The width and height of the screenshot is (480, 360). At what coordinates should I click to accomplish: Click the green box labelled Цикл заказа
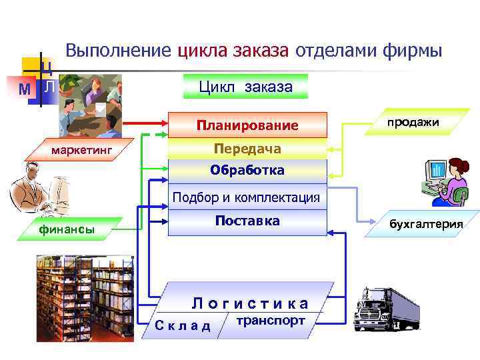tap(245, 87)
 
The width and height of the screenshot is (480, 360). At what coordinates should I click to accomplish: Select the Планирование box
tap(247, 125)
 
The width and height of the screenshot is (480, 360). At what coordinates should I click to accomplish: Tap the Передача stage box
tap(247, 149)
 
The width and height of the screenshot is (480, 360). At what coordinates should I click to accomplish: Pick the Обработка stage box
tap(247, 171)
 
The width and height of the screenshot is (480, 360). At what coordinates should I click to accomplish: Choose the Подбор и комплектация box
tap(247, 198)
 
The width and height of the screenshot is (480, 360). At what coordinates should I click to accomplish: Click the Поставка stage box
tap(247, 222)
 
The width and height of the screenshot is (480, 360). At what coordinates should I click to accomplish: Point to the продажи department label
tap(413, 121)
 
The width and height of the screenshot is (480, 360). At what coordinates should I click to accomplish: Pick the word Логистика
tap(251, 304)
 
